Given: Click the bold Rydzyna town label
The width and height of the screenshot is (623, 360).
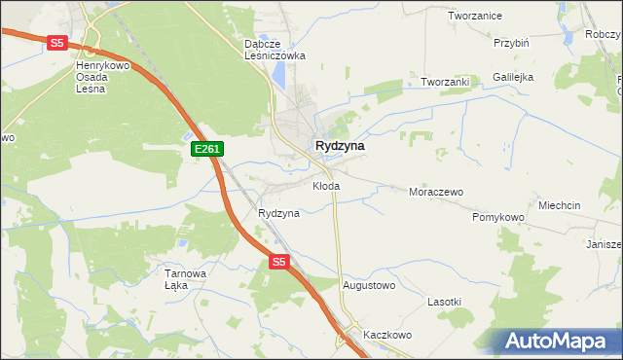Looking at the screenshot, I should pyautogui.click(x=340, y=145).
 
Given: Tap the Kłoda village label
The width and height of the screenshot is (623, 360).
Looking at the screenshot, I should pyautogui.click(x=326, y=185).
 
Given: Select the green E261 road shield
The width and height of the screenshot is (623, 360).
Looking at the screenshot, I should pyautogui.click(x=208, y=149).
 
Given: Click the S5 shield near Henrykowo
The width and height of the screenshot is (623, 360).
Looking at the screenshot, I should pyautogui.click(x=57, y=43).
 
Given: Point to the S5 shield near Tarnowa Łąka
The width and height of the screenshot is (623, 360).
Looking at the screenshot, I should pyautogui.click(x=279, y=262).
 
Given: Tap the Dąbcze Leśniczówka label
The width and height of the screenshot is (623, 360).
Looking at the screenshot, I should pyautogui.click(x=275, y=50).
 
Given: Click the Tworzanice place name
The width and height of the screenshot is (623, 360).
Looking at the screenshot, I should pyautogui.click(x=474, y=16).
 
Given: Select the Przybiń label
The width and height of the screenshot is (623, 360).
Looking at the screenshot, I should pyautogui.click(x=511, y=43).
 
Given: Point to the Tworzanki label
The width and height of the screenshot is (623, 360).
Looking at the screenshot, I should pyautogui.click(x=445, y=82).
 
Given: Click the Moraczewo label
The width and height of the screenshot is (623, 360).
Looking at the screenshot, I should pyautogui.click(x=435, y=192).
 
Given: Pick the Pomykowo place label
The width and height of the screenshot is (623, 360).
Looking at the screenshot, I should pyautogui.click(x=498, y=217).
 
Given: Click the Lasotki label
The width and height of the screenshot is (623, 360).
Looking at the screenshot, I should pyautogui.click(x=444, y=302).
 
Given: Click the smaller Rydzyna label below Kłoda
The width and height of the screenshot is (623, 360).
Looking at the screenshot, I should pyautogui.click(x=278, y=212).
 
